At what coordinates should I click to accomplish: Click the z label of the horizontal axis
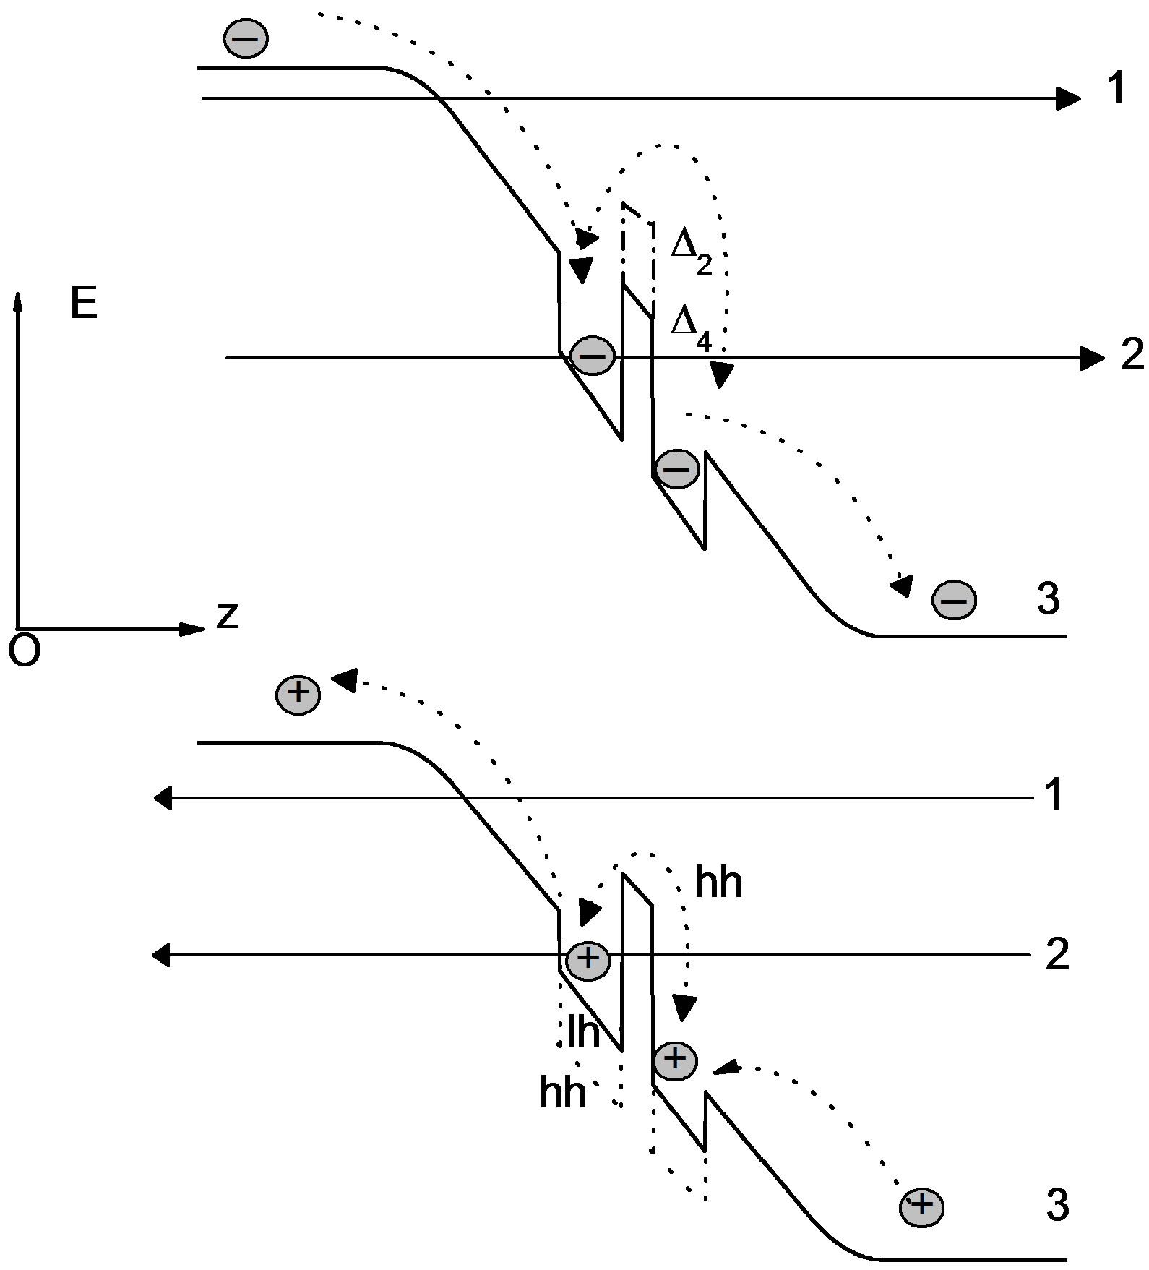[x=228, y=616]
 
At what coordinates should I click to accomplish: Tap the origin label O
[x=24, y=651]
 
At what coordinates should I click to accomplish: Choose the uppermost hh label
[x=718, y=883]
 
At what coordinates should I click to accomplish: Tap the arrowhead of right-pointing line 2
[x=1093, y=358]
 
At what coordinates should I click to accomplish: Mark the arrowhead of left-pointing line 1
[x=163, y=799]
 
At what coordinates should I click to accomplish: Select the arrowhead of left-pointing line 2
[x=161, y=956]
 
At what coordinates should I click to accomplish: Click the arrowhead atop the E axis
[x=19, y=301]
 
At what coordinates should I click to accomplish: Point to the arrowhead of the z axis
[x=193, y=629]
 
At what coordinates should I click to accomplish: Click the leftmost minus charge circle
[x=246, y=38]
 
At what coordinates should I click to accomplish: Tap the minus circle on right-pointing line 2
[x=593, y=356]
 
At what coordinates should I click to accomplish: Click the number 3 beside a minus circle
[x=1048, y=598]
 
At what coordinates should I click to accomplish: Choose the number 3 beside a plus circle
[x=1057, y=1205]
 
